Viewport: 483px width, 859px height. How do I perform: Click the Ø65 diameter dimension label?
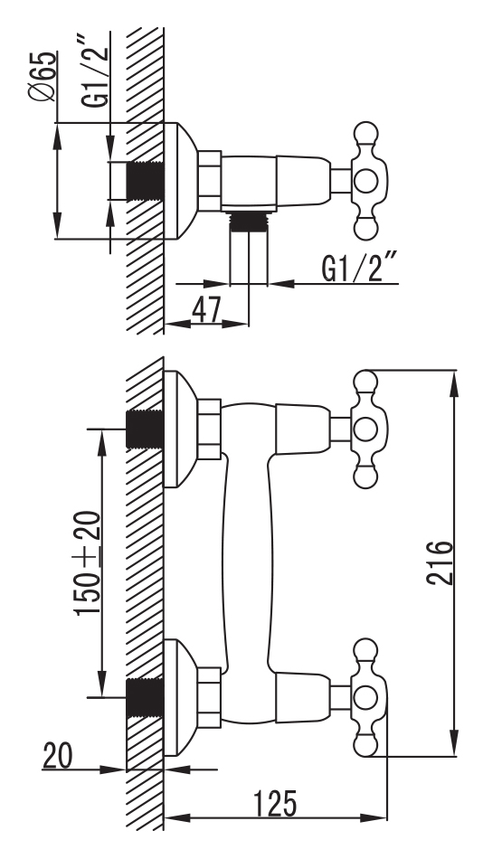[42, 76]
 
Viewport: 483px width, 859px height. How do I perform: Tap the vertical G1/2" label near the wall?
[94, 71]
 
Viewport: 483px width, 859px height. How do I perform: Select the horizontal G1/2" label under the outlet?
[360, 268]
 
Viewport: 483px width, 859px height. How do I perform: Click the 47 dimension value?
[206, 311]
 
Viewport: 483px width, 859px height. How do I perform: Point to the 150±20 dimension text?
[88, 562]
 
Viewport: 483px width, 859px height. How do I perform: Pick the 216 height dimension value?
[440, 562]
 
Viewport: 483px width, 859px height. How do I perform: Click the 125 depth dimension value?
[275, 804]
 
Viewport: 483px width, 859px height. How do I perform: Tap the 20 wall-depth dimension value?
[58, 756]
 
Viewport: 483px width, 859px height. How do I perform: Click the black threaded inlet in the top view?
[146, 182]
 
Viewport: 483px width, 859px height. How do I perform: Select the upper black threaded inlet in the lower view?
[146, 429]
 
